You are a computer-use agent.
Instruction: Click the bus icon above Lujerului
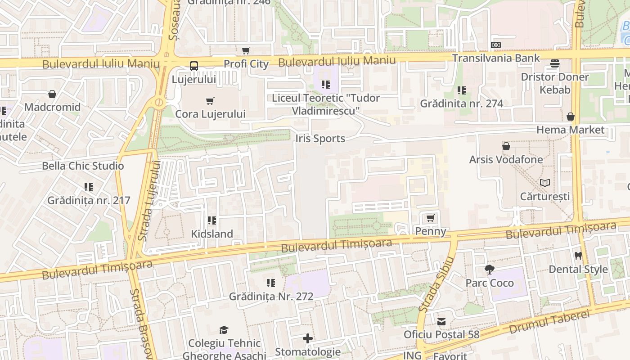pyautogui.click(x=193, y=66)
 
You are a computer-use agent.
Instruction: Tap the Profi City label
pyautogui.click(x=246, y=64)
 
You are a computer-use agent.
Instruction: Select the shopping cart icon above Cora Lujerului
pyautogui.click(x=210, y=101)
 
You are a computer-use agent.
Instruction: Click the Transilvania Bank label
pyautogui.click(x=495, y=58)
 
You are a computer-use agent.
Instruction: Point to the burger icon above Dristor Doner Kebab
pyautogui.click(x=554, y=63)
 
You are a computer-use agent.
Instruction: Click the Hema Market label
pyautogui.click(x=570, y=130)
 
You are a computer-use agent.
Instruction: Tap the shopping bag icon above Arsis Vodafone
pyautogui.click(x=506, y=146)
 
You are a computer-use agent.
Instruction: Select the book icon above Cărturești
pyautogui.click(x=544, y=183)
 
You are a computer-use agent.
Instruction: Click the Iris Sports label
pyautogui.click(x=320, y=139)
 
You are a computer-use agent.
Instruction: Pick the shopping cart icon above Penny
pyautogui.click(x=430, y=218)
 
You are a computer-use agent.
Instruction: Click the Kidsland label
pyautogui.click(x=212, y=234)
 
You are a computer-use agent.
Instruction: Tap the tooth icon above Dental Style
pyautogui.click(x=578, y=256)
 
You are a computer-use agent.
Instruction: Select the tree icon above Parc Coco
pyautogui.click(x=489, y=270)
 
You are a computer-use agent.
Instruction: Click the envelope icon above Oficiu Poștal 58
pyautogui.click(x=441, y=322)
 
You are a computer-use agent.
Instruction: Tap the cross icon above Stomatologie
pyautogui.click(x=308, y=338)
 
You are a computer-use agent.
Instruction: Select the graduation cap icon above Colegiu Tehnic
pyautogui.click(x=224, y=330)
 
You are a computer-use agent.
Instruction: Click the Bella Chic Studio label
pyautogui.click(x=83, y=166)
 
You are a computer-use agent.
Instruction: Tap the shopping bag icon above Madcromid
pyautogui.click(x=52, y=94)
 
